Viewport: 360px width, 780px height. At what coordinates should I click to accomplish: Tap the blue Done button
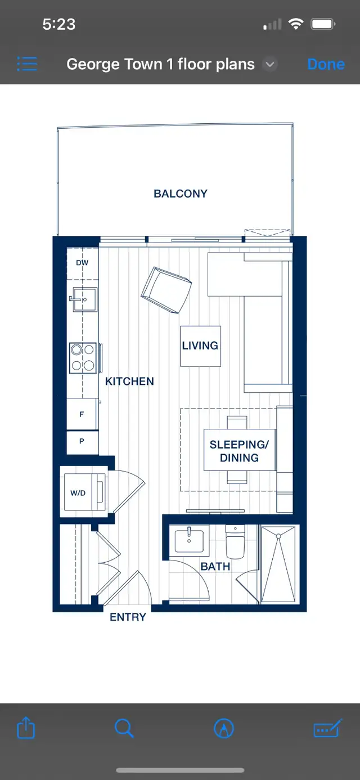coord(326,64)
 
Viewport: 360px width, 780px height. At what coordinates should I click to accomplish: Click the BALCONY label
coord(181,194)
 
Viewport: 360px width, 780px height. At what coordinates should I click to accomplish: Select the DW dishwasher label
coord(82,263)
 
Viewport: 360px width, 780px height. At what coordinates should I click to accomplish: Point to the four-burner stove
coord(83,358)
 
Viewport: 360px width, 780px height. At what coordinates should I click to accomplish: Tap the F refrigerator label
coord(82,414)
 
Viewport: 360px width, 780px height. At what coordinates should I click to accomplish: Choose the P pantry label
coord(82,441)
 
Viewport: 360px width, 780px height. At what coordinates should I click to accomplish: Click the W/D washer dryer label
coord(78,493)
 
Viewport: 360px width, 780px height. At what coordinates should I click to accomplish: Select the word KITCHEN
coord(129,382)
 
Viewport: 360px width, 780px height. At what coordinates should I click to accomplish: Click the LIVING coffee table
coord(201,346)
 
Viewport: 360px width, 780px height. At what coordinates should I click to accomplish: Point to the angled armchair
coord(166,290)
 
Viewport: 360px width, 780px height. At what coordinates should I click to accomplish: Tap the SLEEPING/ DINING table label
coord(239,451)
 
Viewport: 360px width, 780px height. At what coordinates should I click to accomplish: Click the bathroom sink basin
coord(189,541)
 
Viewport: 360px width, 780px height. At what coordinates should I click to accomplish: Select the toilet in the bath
coord(235,542)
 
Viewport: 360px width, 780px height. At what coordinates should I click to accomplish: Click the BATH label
coord(215,567)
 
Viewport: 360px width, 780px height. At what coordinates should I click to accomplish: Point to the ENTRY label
coord(128,617)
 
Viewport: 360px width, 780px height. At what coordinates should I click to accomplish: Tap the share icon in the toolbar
coord(26,728)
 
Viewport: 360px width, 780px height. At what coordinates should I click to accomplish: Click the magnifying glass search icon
coord(124,728)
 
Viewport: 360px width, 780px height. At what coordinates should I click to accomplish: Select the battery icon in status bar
coord(323,24)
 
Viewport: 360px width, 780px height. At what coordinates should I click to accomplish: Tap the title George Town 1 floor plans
coord(160,64)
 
